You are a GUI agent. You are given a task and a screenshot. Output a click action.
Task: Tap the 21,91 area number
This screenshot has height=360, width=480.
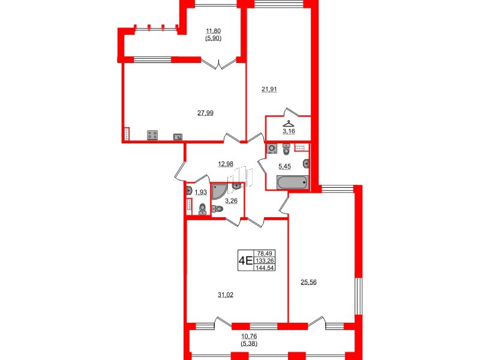pos(269,89)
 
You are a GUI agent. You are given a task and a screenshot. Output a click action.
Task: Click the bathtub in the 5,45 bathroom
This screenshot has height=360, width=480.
pos(292,182)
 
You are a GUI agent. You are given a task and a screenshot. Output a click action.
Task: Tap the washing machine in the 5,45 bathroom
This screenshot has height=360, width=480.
pos(273,148)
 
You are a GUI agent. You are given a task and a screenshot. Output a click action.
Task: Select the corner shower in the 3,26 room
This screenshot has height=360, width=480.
pos(220,191)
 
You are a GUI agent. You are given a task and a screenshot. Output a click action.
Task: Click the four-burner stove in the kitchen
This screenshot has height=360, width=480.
pos(152,136)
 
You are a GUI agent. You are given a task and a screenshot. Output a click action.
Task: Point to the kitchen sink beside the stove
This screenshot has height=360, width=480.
pos(178,136)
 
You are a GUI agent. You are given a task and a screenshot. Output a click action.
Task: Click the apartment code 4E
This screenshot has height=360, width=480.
pos(245,260)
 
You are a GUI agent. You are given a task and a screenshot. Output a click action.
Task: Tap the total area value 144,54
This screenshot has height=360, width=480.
pos(263,268)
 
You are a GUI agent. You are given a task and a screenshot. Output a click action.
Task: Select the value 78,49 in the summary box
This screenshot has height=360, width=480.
pos(263,253)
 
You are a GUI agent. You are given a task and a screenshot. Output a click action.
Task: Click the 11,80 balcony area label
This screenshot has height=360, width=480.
pos(214,31)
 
